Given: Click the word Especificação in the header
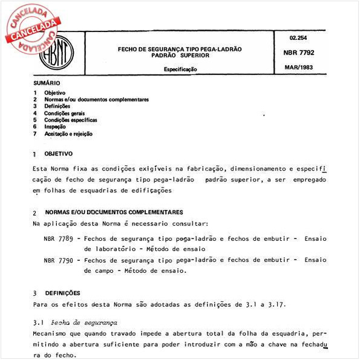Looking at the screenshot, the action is point(180,70).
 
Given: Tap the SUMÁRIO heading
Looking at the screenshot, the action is point(47,82).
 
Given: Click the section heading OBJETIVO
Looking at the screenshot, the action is point(58,154).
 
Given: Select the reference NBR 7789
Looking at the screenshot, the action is point(58,238).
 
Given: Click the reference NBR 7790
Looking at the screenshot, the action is point(58,260).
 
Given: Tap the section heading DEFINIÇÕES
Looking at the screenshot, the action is point(63,292).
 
